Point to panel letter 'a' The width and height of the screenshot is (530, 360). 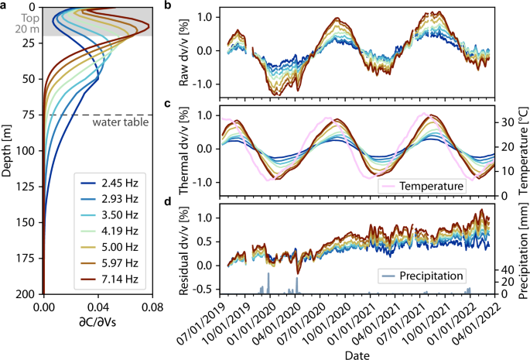click(5, 5)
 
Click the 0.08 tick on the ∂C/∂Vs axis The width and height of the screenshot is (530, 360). click(151, 307)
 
